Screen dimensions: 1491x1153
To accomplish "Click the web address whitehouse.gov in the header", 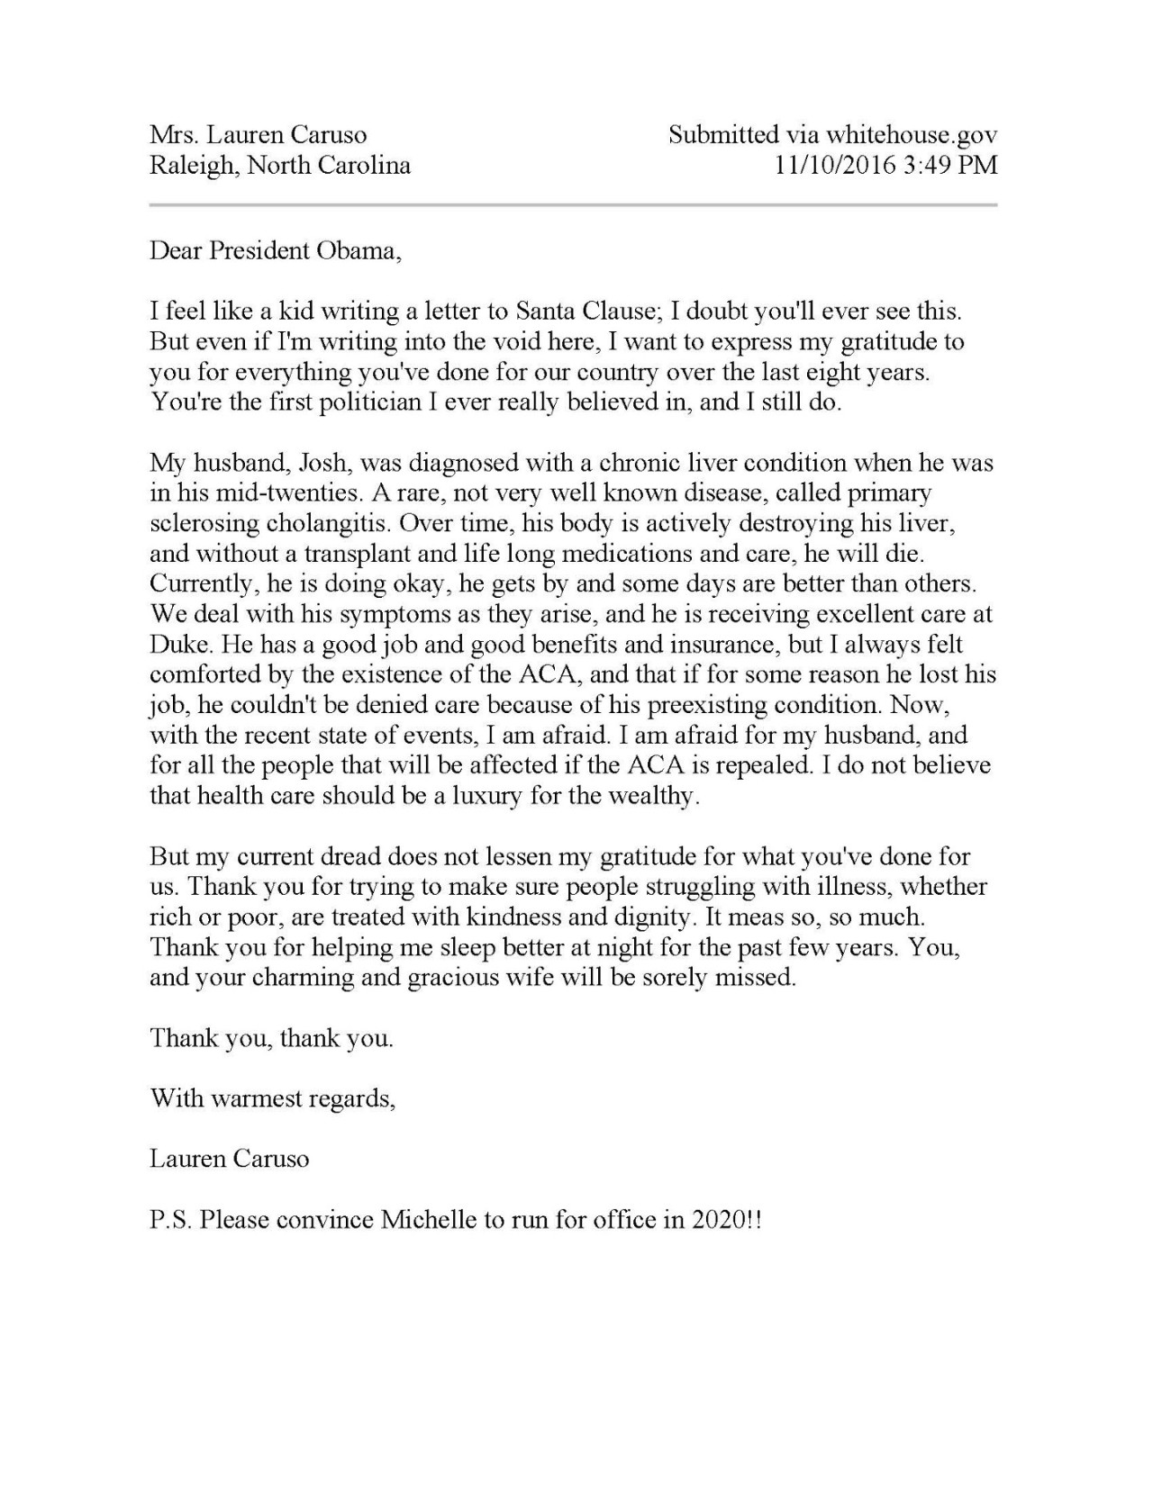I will click(911, 135).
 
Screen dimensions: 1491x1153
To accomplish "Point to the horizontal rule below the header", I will click(573, 205).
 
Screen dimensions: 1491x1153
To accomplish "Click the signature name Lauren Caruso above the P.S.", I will click(229, 1159).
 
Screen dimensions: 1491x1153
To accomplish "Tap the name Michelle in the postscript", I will click(428, 1221).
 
